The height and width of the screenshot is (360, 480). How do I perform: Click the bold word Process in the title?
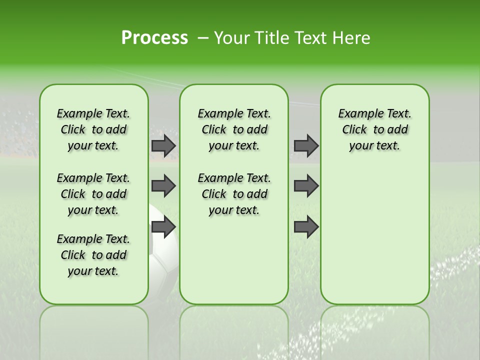(x=154, y=38)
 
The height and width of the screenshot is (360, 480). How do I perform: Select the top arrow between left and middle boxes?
(x=163, y=145)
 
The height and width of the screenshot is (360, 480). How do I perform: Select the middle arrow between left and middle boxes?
(x=163, y=186)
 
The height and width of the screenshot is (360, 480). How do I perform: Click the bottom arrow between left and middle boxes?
(x=163, y=227)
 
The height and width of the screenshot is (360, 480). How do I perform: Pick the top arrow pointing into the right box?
(x=306, y=145)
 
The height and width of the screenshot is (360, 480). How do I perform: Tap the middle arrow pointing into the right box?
(x=306, y=186)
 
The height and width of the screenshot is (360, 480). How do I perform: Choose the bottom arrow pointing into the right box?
(x=306, y=227)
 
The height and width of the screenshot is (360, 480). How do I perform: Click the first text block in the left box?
(x=93, y=129)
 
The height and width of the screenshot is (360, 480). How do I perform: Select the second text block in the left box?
(x=93, y=194)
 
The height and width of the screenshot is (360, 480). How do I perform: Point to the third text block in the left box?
(x=93, y=255)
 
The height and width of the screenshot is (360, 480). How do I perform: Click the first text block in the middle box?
(x=234, y=129)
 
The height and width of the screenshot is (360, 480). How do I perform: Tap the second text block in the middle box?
(x=234, y=194)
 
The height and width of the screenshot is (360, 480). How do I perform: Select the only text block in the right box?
(x=374, y=129)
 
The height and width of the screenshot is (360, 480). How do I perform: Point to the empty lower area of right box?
(x=374, y=240)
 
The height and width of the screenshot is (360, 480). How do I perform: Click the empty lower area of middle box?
(x=234, y=260)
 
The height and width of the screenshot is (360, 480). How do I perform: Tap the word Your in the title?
(x=230, y=38)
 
